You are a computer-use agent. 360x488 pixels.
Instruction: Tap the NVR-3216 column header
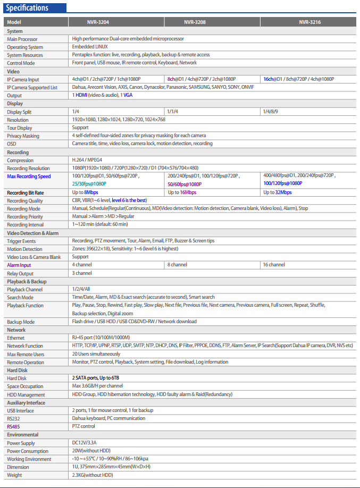tap(309, 23)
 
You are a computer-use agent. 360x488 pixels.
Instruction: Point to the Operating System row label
tap(25, 47)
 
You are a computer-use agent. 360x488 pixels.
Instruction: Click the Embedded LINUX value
tap(89, 47)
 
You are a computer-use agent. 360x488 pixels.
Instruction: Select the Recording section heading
tap(19, 153)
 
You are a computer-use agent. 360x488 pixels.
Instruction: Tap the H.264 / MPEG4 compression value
tap(87, 160)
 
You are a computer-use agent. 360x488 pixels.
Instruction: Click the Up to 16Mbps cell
tap(182, 192)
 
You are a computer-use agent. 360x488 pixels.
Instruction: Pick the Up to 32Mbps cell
tap(278, 192)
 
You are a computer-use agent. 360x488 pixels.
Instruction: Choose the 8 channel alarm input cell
tap(177, 265)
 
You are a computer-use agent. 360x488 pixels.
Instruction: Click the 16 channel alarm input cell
tap(274, 265)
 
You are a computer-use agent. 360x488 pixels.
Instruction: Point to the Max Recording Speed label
tap(29, 176)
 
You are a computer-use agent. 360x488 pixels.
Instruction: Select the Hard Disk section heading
tap(17, 370)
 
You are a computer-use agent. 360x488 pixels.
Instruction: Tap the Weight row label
tap(14, 475)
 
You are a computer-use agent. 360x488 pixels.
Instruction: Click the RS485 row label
tap(14, 426)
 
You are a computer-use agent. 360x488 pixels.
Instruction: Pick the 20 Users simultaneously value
tap(96, 354)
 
